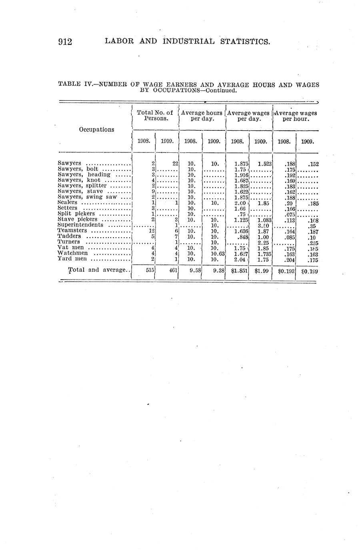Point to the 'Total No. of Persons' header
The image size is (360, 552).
(155, 116)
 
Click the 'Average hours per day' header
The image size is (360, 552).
(202, 116)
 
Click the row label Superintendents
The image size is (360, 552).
(80, 225)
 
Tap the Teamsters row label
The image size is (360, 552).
(72, 230)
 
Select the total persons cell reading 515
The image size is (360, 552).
(150, 270)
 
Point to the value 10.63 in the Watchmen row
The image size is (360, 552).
(218, 253)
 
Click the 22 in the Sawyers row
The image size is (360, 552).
(175, 163)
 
